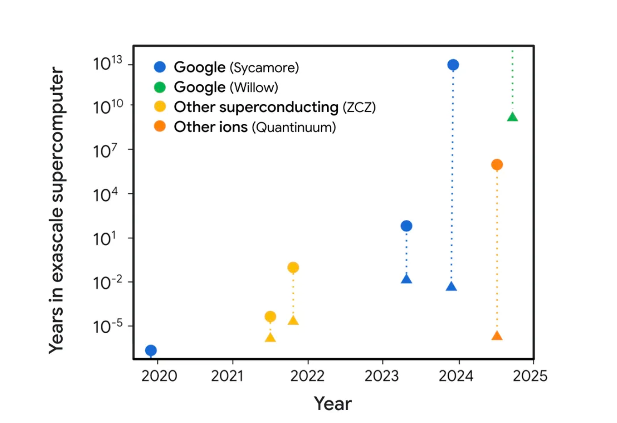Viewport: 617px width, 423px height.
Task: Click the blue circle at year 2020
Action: click(x=151, y=350)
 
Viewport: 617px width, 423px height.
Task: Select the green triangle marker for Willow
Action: click(x=512, y=117)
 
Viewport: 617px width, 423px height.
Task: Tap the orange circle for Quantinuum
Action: click(x=497, y=164)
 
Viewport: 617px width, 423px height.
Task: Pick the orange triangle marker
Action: click(x=497, y=336)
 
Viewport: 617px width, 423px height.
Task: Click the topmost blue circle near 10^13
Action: click(x=453, y=65)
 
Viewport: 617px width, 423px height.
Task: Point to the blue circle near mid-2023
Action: click(x=406, y=226)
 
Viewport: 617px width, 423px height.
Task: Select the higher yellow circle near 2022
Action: click(x=293, y=268)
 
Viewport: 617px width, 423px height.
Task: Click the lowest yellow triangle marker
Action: click(x=270, y=338)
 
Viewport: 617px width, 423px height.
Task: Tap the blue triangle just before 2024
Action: click(x=451, y=287)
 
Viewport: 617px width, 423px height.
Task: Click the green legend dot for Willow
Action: click(x=160, y=87)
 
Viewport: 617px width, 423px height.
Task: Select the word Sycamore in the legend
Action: click(x=264, y=68)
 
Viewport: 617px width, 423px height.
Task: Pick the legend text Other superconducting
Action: click(x=256, y=107)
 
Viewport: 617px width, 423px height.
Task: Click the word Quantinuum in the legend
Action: click(x=294, y=127)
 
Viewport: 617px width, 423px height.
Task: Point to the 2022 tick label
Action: click(x=307, y=376)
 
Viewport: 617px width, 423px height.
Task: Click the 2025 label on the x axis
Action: click(x=530, y=376)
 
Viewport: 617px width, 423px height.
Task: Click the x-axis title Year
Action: click(x=333, y=404)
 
